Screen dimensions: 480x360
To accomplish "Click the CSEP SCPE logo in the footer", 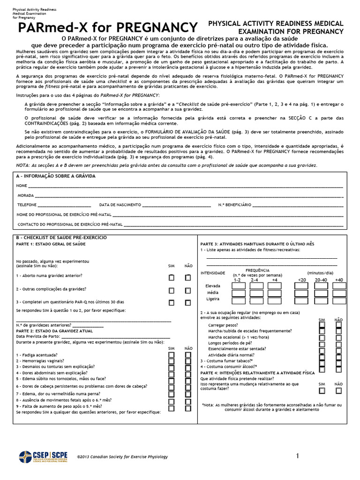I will [42, 457].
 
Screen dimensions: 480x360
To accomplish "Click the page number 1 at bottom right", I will [297, 456].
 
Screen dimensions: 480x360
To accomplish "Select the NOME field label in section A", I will [22, 186].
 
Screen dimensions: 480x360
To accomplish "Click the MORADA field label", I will [25, 195].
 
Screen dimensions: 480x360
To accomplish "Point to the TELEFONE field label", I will [27, 205].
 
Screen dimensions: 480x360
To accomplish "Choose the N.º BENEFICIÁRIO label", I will [235, 205].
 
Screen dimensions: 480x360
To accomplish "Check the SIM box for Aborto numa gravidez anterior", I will [172, 277].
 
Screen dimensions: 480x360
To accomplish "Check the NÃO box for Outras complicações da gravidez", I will [188, 290].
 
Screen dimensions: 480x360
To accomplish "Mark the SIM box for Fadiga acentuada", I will [172, 355].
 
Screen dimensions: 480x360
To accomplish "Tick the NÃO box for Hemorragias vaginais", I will [188, 361].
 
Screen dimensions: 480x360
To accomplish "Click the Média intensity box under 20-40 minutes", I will [321, 293].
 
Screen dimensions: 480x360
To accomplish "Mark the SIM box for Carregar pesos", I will [322, 324].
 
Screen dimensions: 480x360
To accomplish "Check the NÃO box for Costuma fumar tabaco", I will [338, 361].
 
